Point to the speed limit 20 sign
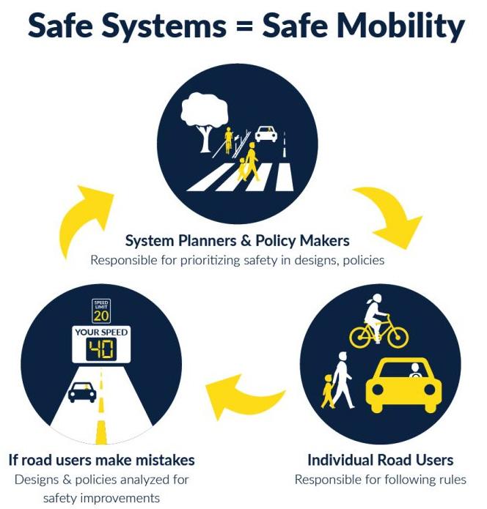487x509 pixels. (100, 311)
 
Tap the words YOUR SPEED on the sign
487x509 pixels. (100, 332)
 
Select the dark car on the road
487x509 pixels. (82, 392)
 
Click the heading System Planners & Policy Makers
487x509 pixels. (237, 240)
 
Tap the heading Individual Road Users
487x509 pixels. (380, 460)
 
